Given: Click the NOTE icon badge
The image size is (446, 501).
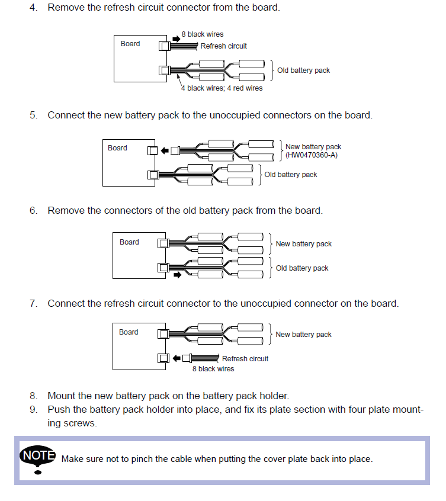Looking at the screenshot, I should [x=37, y=457].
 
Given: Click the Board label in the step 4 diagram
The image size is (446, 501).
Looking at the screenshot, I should [x=130, y=44].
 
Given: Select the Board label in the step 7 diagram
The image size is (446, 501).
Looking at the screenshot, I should [x=129, y=332].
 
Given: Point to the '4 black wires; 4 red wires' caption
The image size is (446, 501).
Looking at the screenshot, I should [x=222, y=88].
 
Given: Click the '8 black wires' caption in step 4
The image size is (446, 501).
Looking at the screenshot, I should [x=203, y=34].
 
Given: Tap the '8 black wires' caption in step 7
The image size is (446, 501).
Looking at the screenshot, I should [x=213, y=369].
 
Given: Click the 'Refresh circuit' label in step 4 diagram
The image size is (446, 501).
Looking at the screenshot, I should [x=223, y=46].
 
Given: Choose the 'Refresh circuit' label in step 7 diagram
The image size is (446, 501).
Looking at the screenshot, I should [x=245, y=359].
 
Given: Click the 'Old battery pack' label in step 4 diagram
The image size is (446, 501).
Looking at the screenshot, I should [x=303, y=70].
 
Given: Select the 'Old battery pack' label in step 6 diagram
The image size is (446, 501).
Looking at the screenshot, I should [x=302, y=268].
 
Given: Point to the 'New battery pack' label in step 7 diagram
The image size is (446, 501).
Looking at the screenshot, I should [x=303, y=335].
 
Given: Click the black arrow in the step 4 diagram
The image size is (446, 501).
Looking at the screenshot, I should [x=176, y=39].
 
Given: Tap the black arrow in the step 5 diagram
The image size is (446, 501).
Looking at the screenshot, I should [x=165, y=150].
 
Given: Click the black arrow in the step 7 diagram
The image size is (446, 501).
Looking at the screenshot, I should [x=177, y=358].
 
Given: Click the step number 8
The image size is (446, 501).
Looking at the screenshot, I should [x=33, y=396].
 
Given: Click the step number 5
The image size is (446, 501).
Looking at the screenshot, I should [x=33, y=115].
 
